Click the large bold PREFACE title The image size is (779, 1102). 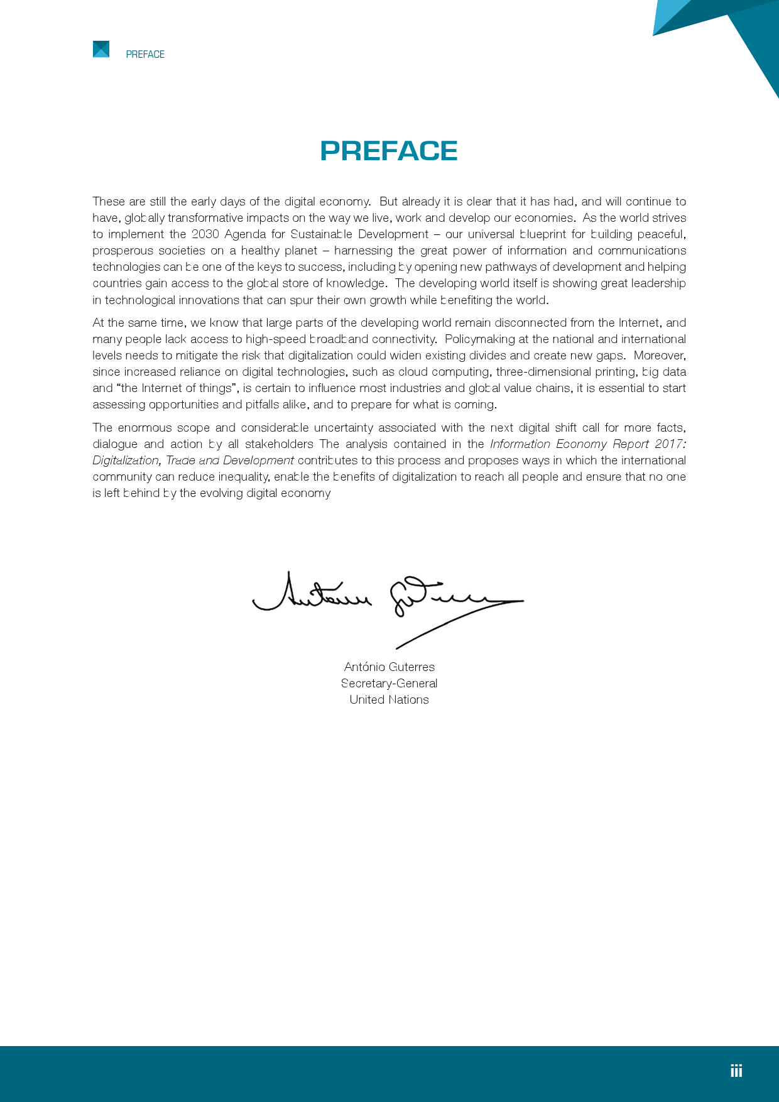[389, 151]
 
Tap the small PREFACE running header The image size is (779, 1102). [145, 55]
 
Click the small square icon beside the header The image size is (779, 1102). [101, 49]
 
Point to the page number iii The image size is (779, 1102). [736, 1071]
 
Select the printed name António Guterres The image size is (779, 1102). [389, 667]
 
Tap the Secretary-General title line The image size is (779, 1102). [389, 683]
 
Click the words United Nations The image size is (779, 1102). [389, 699]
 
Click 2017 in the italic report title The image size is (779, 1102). [669, 444]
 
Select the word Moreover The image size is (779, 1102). [659, 356]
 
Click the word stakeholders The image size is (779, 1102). [279, 444]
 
